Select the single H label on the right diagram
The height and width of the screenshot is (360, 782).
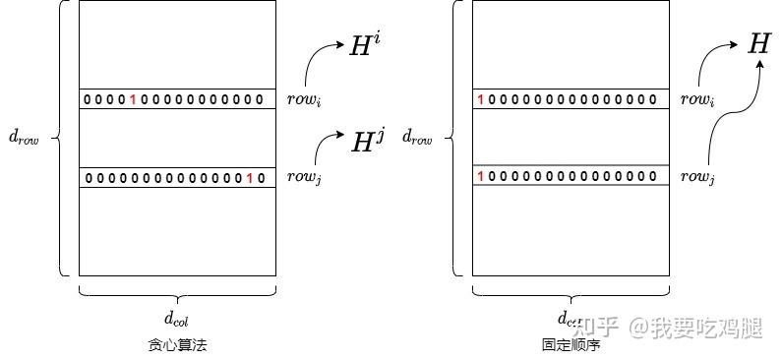pos(758,44)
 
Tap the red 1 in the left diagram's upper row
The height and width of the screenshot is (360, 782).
pos(133,99)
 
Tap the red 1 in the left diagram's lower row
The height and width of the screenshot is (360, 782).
pos(250,178)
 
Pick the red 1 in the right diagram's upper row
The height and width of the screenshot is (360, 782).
pos(480,99)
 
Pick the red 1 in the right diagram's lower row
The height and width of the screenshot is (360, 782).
pos(480,177)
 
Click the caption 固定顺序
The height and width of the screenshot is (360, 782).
pos(571,345)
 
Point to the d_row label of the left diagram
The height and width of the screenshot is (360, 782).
pos(24,139)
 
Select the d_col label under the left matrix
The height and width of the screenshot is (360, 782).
pos(177,318)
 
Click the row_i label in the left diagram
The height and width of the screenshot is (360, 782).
pos(303,99)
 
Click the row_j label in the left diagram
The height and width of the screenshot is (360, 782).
pos(303,178)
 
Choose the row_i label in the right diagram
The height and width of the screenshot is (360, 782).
pos(697,99)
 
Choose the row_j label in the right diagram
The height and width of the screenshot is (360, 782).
pos(697,178)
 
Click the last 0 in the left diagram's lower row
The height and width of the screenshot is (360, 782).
pos(262,178)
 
